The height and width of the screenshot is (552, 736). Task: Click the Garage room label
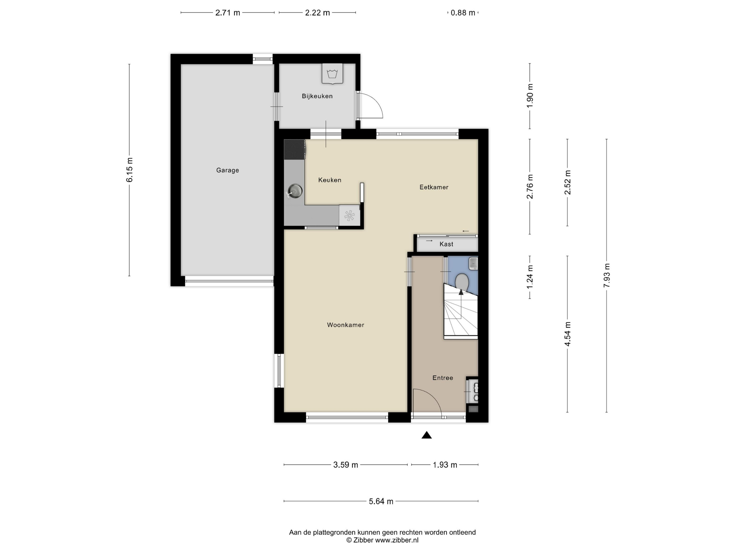[228, 170]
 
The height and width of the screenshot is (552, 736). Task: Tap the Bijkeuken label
[317, 96]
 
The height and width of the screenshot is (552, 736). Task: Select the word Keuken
[330, 180]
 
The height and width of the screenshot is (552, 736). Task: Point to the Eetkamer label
[434, 187]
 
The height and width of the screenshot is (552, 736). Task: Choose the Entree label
[443, 378]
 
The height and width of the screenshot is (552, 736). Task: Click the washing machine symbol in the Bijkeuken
[332, 73]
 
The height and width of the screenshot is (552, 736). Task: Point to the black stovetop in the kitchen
[294, 149]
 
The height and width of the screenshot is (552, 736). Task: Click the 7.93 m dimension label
[607, 275]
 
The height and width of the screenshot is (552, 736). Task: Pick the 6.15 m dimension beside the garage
[129, 170]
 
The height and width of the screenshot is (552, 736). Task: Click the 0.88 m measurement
[463, 13]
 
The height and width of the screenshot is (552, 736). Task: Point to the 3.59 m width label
[346, 465]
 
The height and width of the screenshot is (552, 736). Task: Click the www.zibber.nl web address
[397, 540]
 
